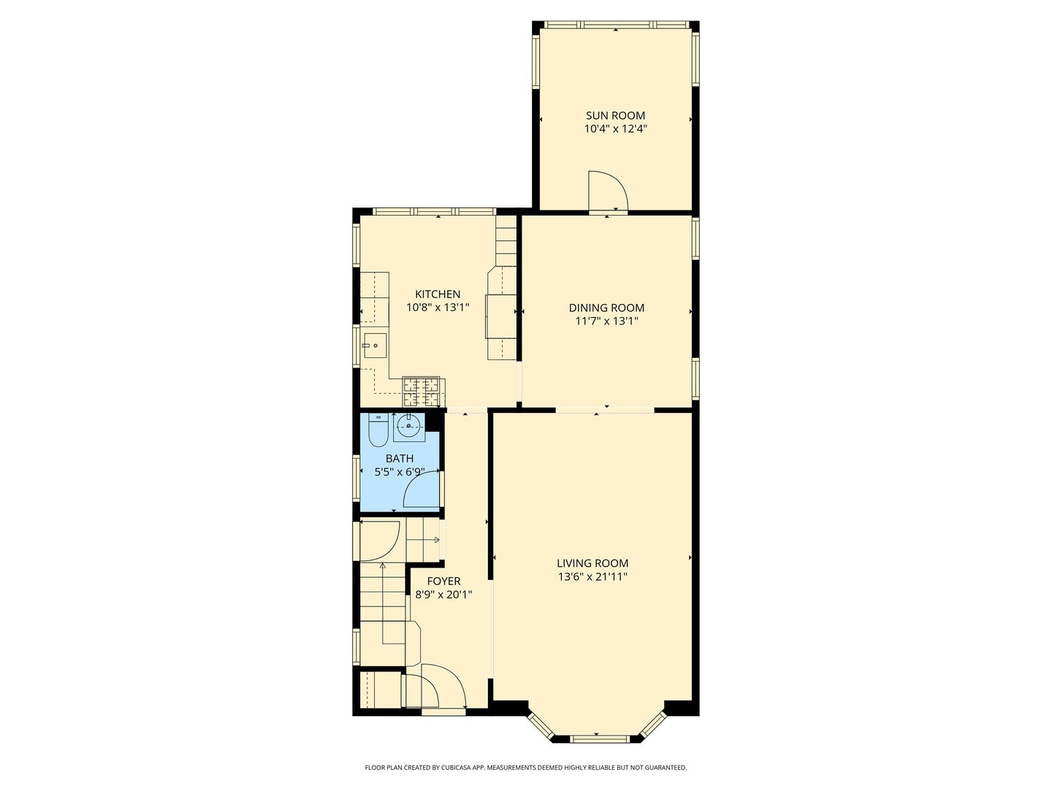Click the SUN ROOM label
tap(615, 115)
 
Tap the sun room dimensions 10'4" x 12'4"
tap(615, 129)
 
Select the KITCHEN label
tap(438, 294)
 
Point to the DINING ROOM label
tap(606, 308)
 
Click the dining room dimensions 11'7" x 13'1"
tap(606, 321)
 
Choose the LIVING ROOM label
tap(592, 563)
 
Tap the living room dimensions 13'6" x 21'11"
tap(592, 577)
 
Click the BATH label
tap(399, 459)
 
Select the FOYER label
tap(443, 582)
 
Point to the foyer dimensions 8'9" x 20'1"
tap(443, 595)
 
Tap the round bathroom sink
tap(409, 425)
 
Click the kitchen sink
tap(374, 346)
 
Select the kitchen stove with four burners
tap(424, 392)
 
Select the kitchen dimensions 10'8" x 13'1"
tap(438, 308)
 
